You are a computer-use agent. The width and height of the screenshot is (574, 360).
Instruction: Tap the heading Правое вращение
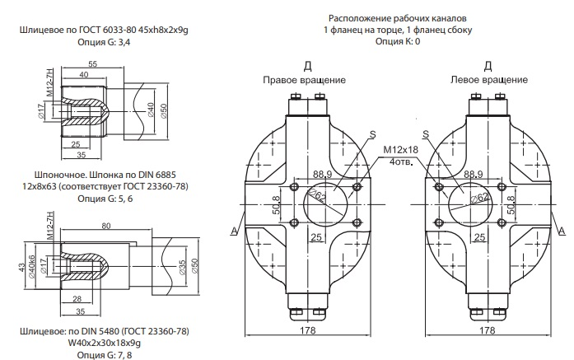pyautogui.click(x=304, y=80)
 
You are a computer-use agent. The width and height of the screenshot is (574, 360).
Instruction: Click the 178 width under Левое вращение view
pyautogui.click(x=487, y=331)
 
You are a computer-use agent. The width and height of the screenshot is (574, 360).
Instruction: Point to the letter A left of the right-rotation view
pyautogui.click(x=236, y=230)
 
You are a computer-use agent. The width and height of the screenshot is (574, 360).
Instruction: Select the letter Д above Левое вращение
pyautogui.click(x=488, y=65)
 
